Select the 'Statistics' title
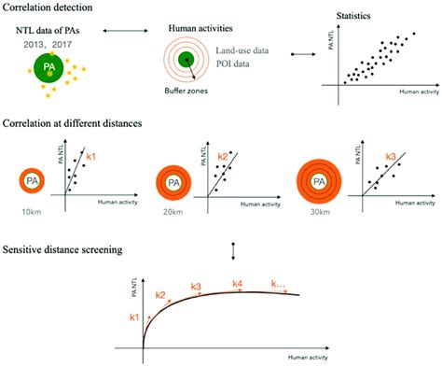pyautogui.click(x=373, y=16)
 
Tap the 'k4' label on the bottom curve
pyautogui.click(x=238, y=283)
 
